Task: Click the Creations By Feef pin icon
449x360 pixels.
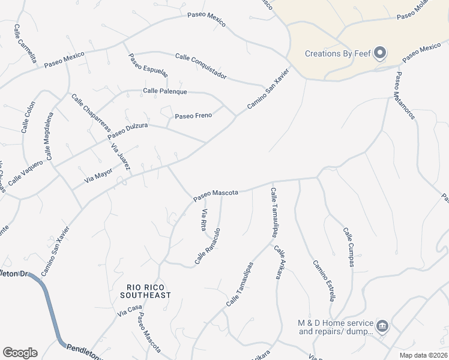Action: [379, 54]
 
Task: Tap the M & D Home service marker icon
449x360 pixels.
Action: [382, 326]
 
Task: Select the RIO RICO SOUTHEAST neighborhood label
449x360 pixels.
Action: [145, 291]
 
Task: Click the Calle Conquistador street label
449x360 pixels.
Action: [200, 66]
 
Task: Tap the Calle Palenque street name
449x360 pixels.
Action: [165, 91]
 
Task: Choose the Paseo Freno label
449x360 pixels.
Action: [193, 115]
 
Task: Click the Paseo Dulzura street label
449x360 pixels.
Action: [128, 131]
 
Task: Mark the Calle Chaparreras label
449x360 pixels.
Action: [91, 113]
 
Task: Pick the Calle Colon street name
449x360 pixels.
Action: [26, 116]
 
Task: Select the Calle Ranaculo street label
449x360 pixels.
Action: [208, 247]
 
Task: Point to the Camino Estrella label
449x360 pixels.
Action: [323, 280]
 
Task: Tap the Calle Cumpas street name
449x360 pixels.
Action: [349, 247]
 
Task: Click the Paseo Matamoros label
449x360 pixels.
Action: [405, 96]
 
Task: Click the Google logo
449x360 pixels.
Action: [20, 353]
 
